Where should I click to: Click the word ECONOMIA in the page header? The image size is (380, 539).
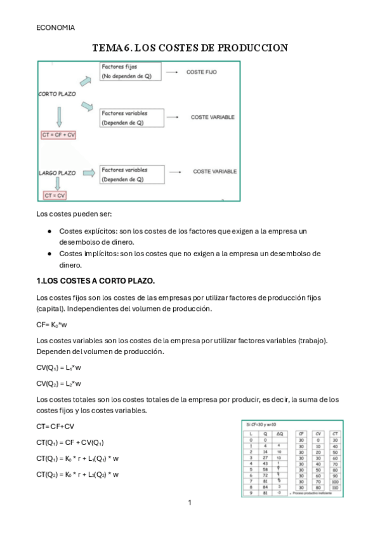[55, 28]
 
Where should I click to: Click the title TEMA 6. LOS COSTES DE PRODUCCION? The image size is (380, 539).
[190, 48]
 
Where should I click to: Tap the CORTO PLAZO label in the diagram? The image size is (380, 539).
[58, 94]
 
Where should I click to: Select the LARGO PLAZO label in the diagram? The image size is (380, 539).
[58, 172]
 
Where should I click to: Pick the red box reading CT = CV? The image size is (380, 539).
[55, 196]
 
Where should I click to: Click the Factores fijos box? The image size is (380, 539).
[130, 71]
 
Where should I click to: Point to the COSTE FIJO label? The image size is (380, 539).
[201, 72]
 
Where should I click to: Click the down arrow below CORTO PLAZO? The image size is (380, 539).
[58, 116]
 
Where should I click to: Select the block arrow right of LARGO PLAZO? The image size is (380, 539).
[88, 172]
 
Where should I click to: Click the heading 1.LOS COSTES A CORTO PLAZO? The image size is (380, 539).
[96, 281]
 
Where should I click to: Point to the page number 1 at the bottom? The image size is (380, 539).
[190, 503]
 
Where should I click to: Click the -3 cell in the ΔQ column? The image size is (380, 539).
[278, 493]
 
